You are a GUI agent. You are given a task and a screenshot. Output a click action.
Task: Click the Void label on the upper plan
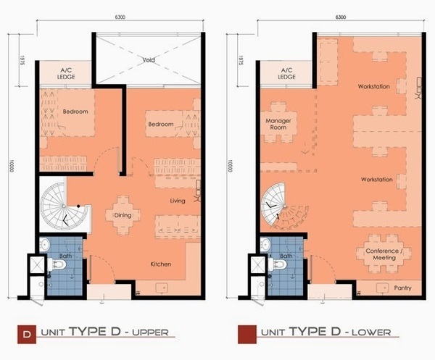click(149, 59)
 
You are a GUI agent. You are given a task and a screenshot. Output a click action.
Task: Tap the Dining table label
click(123, 215)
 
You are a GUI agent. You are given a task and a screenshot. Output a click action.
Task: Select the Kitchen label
click(161, 264)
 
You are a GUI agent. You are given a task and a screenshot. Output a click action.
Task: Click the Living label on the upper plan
click(178, 201)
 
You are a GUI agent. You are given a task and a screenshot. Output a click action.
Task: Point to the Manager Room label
click(278, 124)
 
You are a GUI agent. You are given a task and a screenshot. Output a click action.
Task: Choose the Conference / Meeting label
click(384, 254)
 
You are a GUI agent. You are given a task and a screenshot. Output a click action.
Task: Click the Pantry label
click(402, 288)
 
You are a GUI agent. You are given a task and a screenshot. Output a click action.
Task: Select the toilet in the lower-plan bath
click(278, 264)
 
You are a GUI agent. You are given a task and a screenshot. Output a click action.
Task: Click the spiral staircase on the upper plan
click(64, 206)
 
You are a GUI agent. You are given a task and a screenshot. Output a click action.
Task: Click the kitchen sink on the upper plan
click(162, 288)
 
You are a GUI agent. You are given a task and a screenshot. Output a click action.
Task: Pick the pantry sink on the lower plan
click(382, 288)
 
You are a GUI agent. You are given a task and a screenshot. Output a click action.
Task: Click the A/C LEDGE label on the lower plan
click(286, 74)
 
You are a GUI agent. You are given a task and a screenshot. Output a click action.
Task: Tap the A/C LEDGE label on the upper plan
click(66, 74)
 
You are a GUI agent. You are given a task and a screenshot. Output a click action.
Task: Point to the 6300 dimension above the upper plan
click(120, 17)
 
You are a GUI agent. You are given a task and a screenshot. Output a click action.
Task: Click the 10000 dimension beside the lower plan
click(231, 166)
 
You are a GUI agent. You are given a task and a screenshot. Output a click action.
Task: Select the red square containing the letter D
click(27, 334)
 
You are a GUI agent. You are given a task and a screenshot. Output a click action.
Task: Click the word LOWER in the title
click(371, 332)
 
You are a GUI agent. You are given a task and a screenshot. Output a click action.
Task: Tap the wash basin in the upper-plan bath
click(44, 244)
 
